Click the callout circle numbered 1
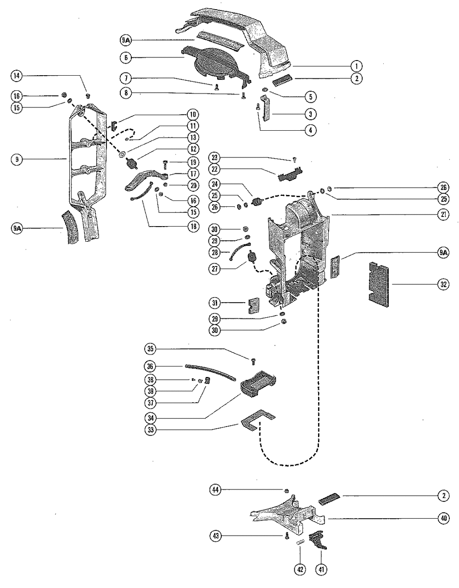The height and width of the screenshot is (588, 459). [x=356, y=66]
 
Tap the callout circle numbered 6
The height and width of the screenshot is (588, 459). [x=126, y=57]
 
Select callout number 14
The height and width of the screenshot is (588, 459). [x=17, y=76]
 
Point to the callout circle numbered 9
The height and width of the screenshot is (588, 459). [x=17, y=159]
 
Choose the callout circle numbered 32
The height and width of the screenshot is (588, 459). [x=443, y=284]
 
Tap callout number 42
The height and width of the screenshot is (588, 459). [x=300, y=570]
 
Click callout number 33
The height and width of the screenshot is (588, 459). [x=151, y=430]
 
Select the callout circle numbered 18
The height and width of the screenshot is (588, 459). [x=193, y=226]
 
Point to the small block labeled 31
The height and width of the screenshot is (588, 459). [x=254, y=305]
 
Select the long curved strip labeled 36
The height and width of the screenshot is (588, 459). [x=210, y=372]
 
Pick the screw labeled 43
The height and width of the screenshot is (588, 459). [x=287, y=536]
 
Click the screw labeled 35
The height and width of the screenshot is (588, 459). [x=253, y=361]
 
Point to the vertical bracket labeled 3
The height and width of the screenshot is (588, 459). [x=265, y=108]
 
